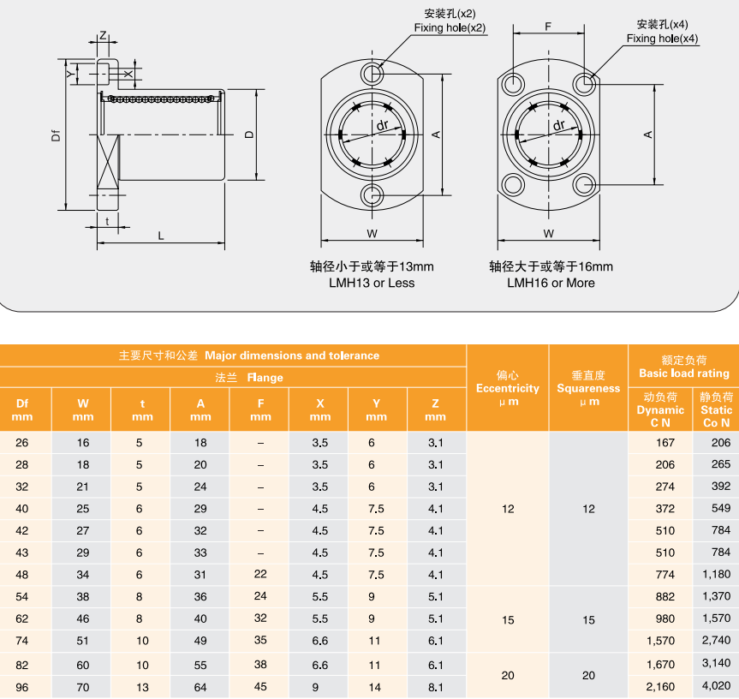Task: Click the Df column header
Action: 22,409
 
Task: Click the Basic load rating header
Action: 683,367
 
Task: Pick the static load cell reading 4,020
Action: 716,686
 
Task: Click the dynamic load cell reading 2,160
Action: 660,686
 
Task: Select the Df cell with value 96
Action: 22,686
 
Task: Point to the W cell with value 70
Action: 83,686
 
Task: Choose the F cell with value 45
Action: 260,686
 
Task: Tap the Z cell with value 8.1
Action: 435,686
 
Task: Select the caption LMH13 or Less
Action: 372,283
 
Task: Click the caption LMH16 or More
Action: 551,283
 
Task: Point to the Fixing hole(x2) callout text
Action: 450,28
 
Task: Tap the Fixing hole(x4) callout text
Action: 662,39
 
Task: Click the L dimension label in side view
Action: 161,236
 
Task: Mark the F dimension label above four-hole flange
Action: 548,27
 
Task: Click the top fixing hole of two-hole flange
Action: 373,74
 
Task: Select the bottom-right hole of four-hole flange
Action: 585,183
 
